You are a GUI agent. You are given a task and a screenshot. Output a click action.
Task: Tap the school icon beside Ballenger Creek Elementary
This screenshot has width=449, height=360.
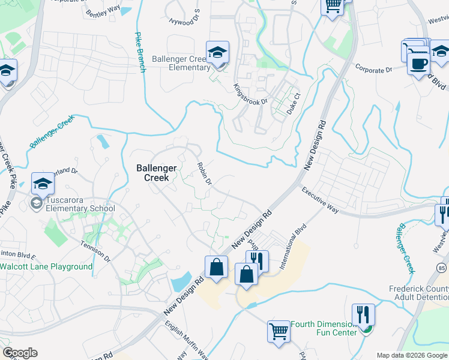217,53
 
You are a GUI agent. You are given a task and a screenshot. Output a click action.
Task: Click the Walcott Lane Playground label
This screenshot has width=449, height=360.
46,266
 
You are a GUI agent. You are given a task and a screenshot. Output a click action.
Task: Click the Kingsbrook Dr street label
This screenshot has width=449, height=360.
250,94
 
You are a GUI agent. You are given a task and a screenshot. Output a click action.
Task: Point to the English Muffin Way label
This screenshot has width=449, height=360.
185,339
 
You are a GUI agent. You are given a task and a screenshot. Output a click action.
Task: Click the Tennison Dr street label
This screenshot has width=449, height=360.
95,251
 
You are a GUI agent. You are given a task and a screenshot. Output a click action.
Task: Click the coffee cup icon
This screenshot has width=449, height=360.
418,62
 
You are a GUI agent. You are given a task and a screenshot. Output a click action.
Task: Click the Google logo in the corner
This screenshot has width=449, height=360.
20,352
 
